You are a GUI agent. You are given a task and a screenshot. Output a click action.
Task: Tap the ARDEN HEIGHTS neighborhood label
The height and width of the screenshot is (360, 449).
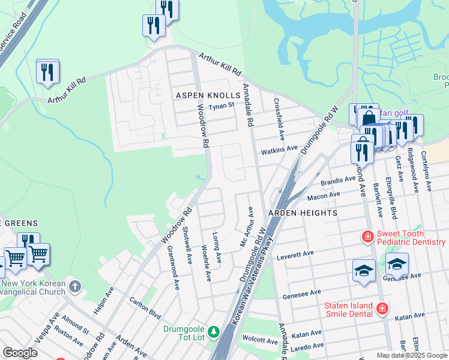(x=294, y=213)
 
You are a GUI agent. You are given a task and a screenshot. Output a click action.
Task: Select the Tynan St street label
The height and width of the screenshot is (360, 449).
(x=220, y=107)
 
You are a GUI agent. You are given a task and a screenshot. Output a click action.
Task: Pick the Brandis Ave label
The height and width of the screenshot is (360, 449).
(x=338, y=180)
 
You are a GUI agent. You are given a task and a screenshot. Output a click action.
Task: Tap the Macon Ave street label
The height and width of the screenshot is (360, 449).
(x=324, y=196)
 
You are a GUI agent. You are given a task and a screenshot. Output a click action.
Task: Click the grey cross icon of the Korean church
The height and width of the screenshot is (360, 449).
(x=74, y=286)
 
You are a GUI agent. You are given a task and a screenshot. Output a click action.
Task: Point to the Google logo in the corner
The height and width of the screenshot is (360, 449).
(x=20, y=353)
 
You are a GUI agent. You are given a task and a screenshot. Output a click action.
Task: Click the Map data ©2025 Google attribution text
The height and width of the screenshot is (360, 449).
(x=411, y=355)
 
